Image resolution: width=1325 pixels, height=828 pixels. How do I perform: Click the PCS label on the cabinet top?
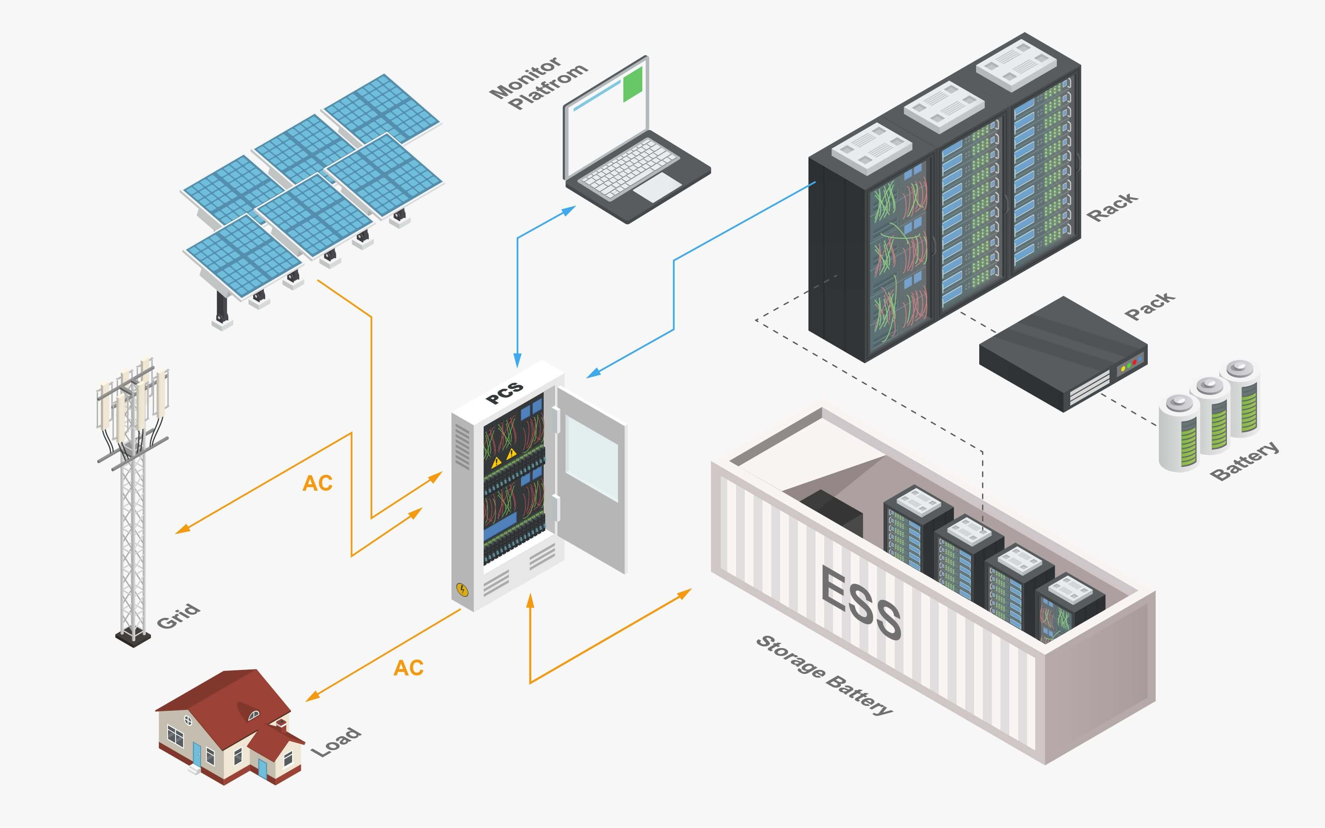[504, 393]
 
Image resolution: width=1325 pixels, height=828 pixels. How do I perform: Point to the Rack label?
[1112, 207]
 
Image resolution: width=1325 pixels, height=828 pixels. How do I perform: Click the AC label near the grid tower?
[317, 483]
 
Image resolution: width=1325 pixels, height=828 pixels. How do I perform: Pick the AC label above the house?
[408, 667]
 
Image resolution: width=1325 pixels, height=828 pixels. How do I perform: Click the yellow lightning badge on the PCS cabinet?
[462, 590]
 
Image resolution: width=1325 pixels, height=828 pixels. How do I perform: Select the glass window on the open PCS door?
[592, 458]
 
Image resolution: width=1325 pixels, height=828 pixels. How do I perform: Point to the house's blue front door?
[197, 754]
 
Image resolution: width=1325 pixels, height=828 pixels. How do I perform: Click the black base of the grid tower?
[133, 638]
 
